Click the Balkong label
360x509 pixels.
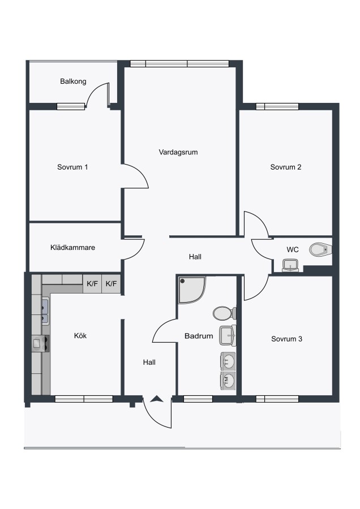tap(73, 81)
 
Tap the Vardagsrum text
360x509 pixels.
tap(178, 152)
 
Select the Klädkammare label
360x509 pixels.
tap(73, 247)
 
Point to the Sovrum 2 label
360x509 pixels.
tap(286, 167)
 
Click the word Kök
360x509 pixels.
tap(80, 335)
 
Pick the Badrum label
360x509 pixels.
tap(199, 336)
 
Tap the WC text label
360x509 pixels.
tap(293, 249)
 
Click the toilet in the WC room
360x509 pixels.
tap(320, 249)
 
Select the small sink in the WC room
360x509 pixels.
tap(290, 265)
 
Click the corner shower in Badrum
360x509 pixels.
tap(191, 289)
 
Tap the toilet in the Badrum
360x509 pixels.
tap(225, 313)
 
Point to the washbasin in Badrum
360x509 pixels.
tap(228, 335)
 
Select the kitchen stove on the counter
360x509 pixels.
tap(41, 343)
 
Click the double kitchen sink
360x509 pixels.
tap(45, 312)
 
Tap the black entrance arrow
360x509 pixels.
tap(157, 399)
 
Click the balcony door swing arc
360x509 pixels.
tap(95, 90)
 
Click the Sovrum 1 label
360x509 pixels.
tap(72, 167)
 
